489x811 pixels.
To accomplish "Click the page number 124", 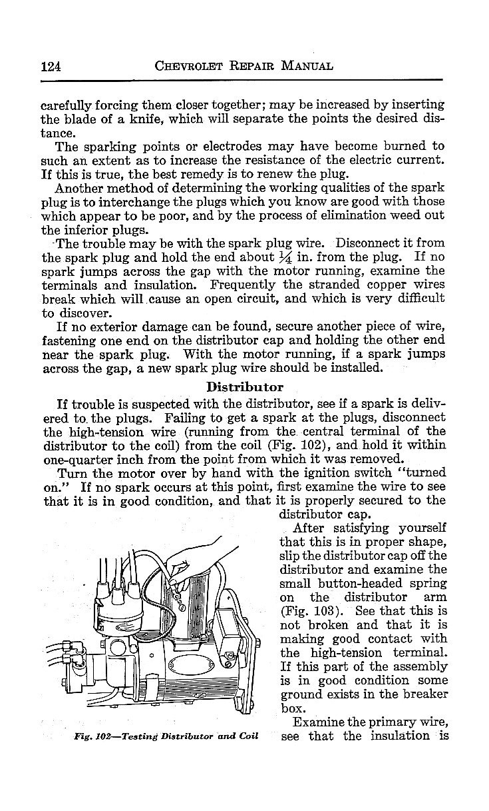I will click(x=51, y=66).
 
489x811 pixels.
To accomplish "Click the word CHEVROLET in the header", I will click(x=190, y=66).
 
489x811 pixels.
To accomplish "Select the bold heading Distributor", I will click(x=244, y=387).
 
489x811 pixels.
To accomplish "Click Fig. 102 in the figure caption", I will click(x=92, y=736).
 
